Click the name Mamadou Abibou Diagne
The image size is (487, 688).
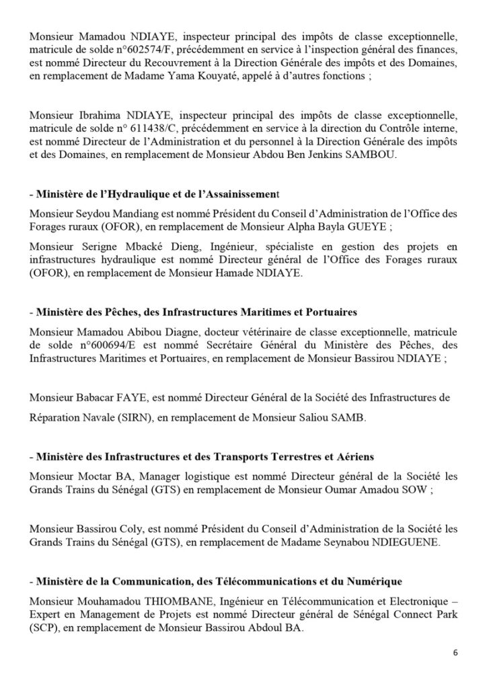pyautogui.click(x=124, y=331)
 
